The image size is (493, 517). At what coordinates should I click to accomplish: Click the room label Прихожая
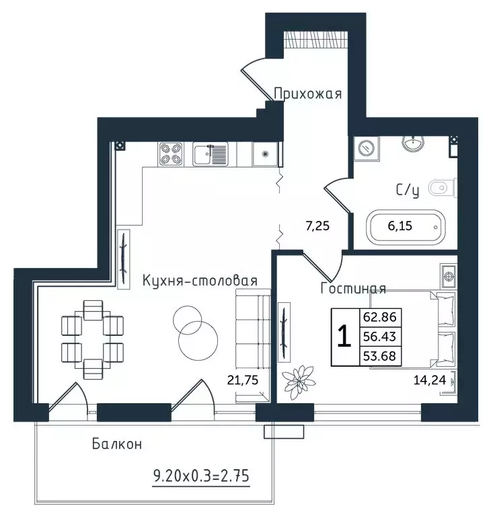click(307, 94)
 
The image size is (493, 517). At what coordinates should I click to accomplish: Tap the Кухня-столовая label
click(200, 281)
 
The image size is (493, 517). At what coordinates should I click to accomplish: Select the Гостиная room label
click(353, 289)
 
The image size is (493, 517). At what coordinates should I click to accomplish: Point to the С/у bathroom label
click(408, 191)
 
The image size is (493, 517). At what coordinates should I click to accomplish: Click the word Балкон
click(117, 444)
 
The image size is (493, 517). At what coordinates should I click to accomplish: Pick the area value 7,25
click(317, 226)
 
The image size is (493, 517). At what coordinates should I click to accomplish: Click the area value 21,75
click(243, 380)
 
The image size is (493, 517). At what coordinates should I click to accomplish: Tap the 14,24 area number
click(429, 380)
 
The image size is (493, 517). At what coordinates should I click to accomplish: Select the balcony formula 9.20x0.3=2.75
click(201, 476)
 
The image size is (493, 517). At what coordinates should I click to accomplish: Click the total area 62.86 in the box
click(380, 317)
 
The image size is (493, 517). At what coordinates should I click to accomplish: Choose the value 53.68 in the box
click(380, 356)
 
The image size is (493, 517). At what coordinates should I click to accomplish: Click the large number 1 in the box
click(344, 337)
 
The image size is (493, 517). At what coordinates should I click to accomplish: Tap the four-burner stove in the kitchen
click(171, 154)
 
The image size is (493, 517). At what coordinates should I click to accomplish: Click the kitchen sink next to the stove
click(210, 154)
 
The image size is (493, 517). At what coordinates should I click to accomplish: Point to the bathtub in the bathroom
click(406, 226)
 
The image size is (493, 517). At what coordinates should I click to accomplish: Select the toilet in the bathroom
click(443, 188)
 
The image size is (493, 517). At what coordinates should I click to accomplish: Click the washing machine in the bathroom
click(367, 148)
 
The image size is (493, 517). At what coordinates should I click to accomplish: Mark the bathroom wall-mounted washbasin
click(413, 143)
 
